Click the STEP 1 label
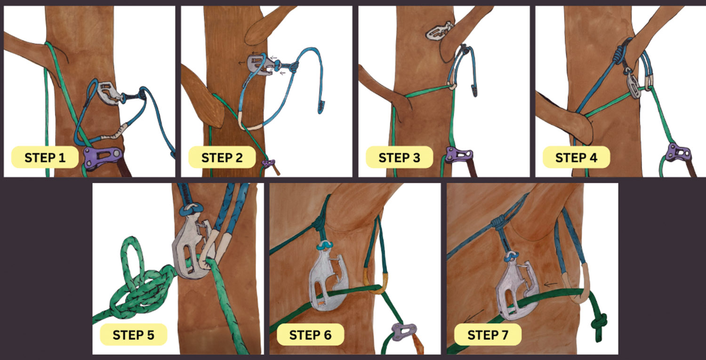tap(45, 157)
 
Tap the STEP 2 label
tap(222, 157)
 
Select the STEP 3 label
tap(399, 157)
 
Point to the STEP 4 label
tap(576, 157)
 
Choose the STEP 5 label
tap(133, 335)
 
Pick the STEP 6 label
tap(310, 335)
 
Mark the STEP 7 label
tap(488, 335)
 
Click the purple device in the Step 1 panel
tap(103, 158)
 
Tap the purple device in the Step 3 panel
tap(459, 155)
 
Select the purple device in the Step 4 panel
tap(679, 153)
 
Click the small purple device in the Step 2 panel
tap(269, 163)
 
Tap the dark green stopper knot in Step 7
tap(599, 324)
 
